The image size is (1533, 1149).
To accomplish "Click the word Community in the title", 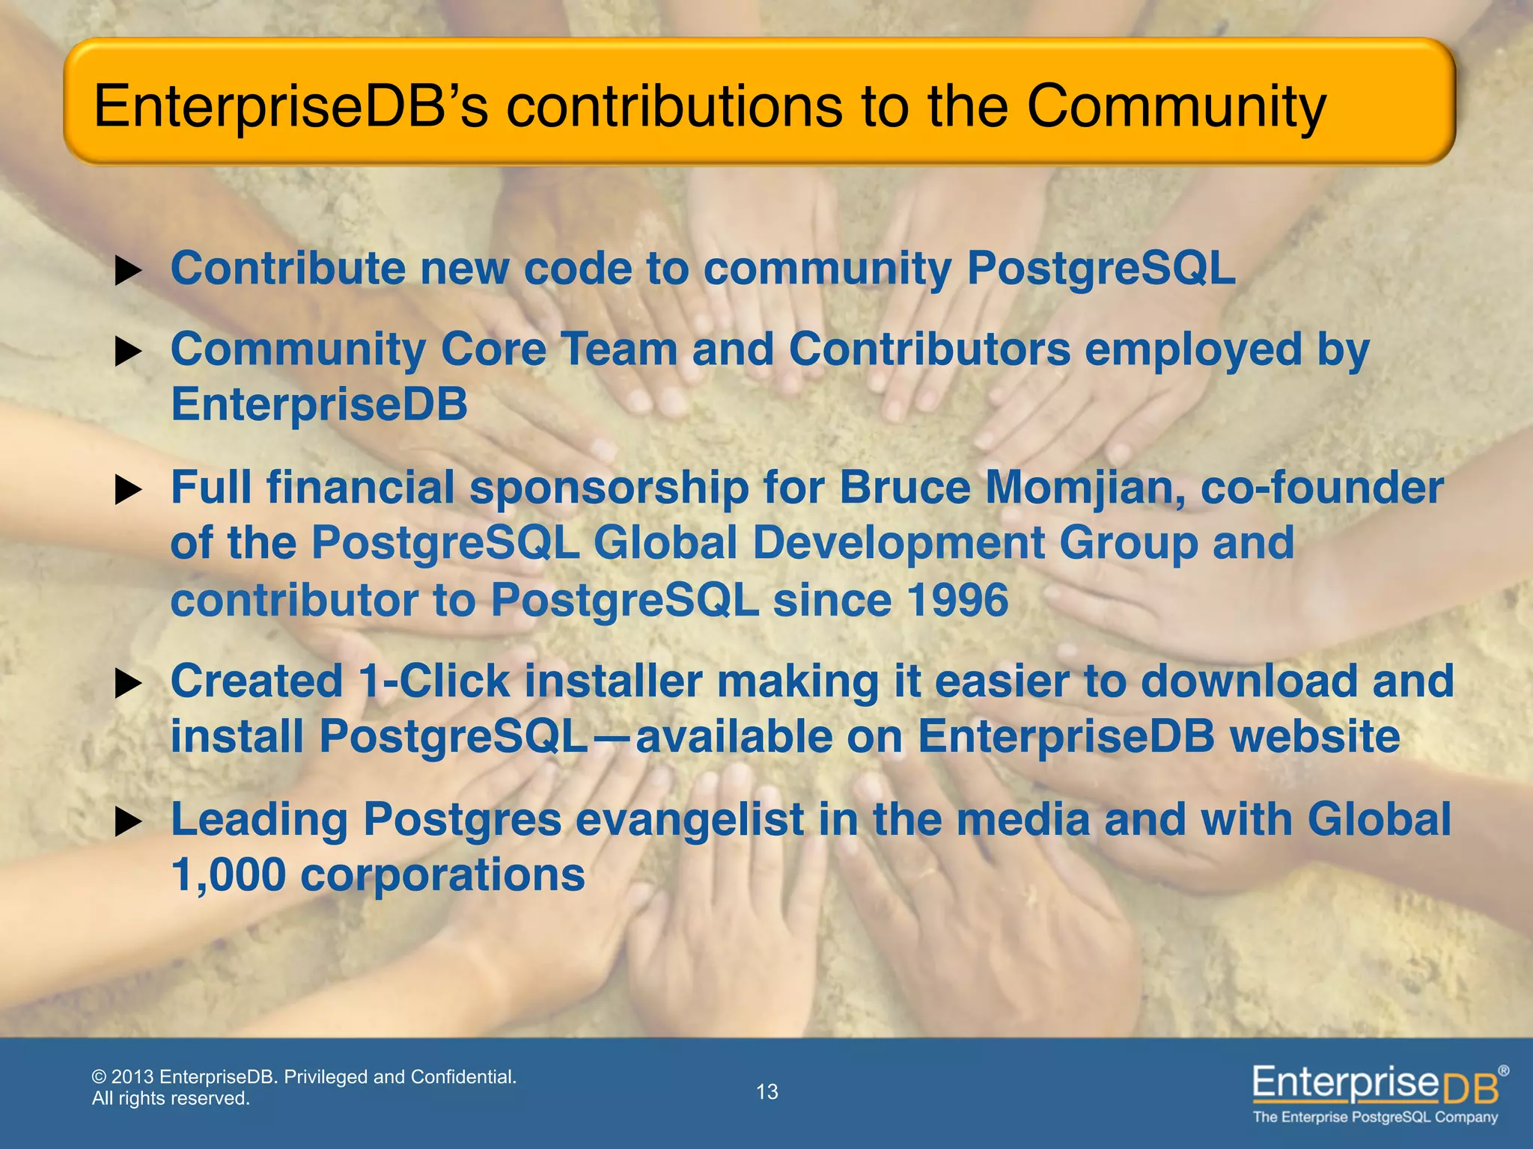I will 1176,107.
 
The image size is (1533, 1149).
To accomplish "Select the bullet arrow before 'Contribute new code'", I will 128,272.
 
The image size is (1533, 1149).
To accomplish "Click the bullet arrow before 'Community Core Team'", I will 128,352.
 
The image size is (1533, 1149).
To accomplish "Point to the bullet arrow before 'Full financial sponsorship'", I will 128,491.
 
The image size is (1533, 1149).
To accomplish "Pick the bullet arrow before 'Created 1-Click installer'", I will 128,684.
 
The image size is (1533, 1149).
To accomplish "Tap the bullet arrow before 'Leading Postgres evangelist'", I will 128,823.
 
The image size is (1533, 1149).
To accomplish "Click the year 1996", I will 957,600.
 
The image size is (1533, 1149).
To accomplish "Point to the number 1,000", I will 228,875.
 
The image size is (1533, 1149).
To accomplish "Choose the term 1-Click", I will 433,681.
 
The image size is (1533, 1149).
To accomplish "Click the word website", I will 1314,737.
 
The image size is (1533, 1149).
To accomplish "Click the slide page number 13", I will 767,1092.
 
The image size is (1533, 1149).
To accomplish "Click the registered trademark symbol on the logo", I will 1504,1071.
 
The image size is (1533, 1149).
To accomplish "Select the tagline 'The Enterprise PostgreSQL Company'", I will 1375,1118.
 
